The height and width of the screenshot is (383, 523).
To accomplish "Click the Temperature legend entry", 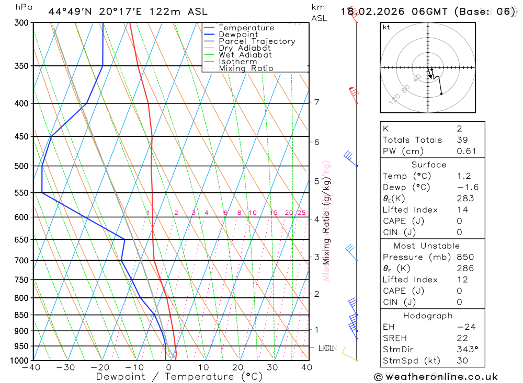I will (x=246, y=28).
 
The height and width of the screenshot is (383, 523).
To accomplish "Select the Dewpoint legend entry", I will (x=238, y=34).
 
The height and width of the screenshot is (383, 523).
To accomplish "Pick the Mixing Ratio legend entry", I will (x=246, y=68).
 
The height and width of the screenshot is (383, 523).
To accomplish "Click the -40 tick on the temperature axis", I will (x=32, y=367).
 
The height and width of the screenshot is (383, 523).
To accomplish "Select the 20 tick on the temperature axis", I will (x=238, y=367).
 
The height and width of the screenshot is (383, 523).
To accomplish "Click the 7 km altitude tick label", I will (x=316, y=102).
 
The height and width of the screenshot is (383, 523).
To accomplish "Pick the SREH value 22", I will (x=462, y=338).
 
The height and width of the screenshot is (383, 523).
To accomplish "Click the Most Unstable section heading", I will (x=427, y=246).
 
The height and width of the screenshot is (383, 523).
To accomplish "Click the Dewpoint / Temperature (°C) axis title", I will (x=179, y=377).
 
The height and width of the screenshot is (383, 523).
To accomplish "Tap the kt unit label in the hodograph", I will (x=386, y=27).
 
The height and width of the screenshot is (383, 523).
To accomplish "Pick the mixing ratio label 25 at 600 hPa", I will (x=301, y=213).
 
